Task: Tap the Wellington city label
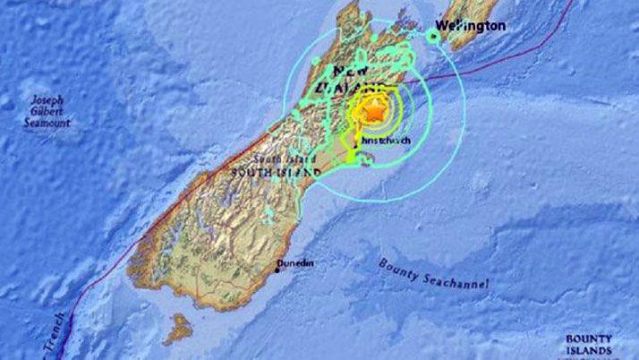(471, 26)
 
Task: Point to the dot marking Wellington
(433, 36)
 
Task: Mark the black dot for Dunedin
(277, 270)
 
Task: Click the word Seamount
(47, 123)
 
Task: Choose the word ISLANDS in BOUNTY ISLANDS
(589, 351)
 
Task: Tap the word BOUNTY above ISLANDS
(588, 339)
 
